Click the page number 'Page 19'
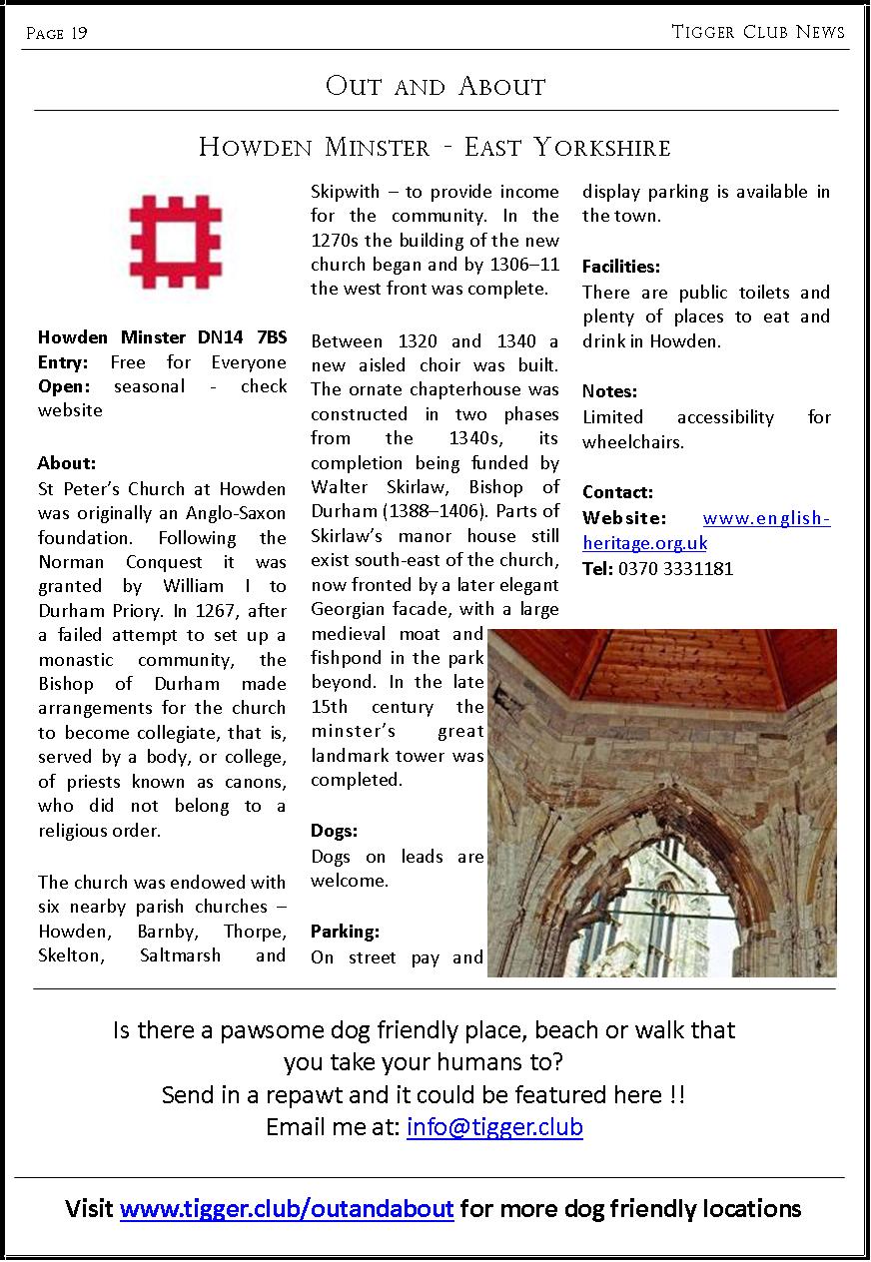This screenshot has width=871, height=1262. tap(57, 34)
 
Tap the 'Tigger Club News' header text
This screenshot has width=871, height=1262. tap(758, 32)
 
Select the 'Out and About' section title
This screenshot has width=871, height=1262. tap(435, 87)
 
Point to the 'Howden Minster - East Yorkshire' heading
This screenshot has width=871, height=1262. tap(435, 148)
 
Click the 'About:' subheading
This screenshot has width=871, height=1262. tap(66, 463)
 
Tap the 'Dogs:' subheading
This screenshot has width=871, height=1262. tap(334, 831)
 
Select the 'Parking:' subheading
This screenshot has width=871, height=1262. tap(345, 932)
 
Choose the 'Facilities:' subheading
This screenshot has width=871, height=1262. tap(621, 267)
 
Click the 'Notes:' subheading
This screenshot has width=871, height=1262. tap(609, 391)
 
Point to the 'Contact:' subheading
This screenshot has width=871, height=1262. tap(617, 492)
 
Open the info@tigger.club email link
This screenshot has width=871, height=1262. tap(494, 1127)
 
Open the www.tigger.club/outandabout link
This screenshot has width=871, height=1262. tap(287, 1209)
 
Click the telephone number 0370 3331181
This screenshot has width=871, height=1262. tap(675, 569)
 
